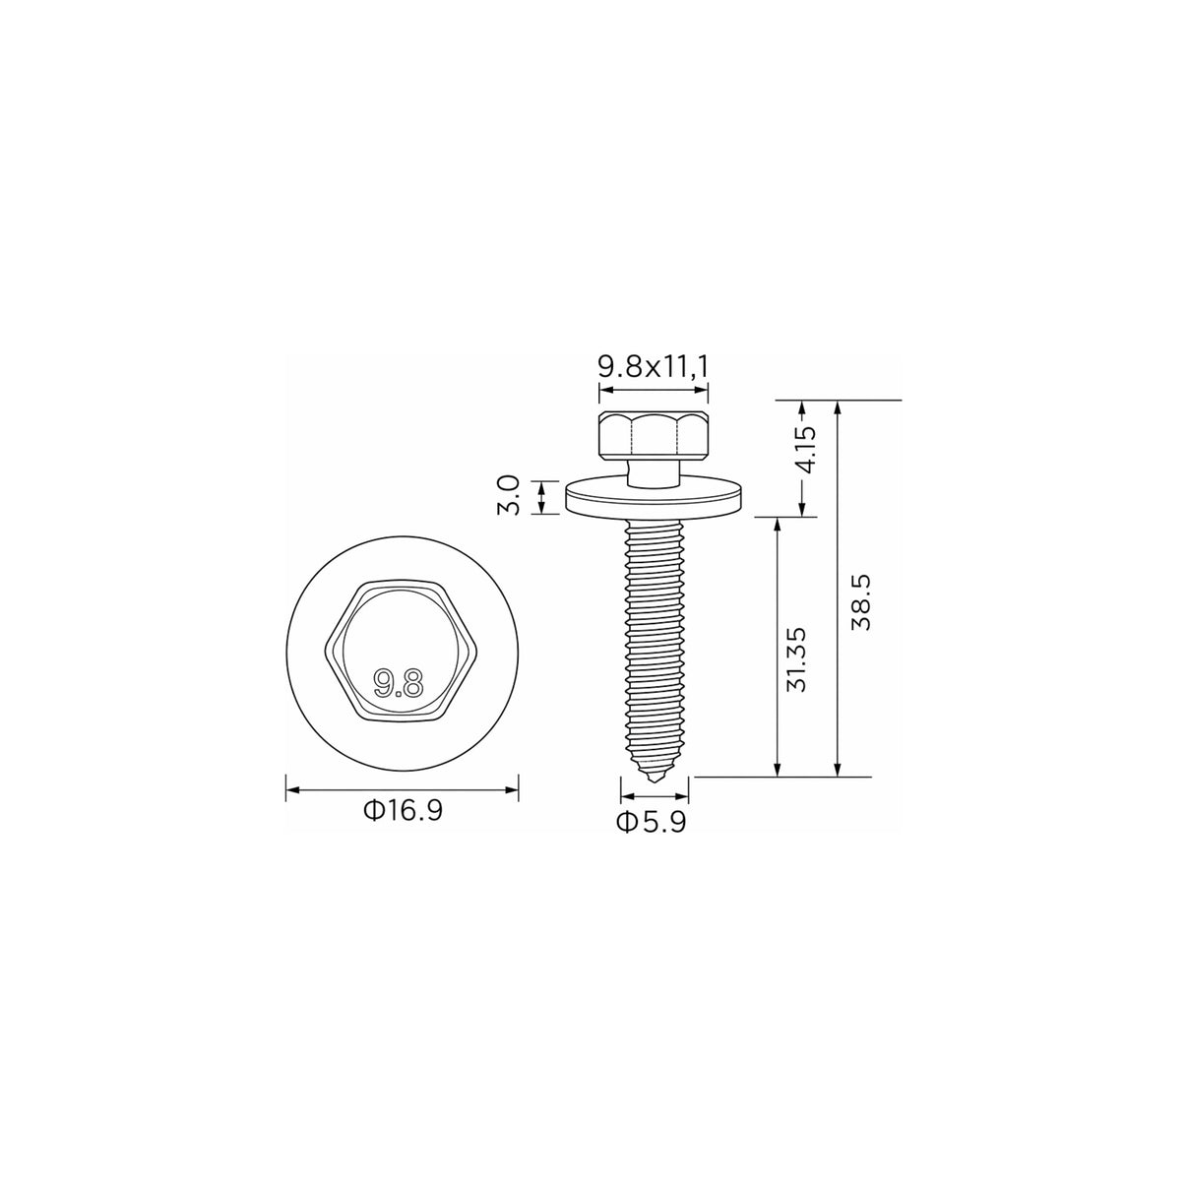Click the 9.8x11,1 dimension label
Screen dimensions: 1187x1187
[x=653, y=367]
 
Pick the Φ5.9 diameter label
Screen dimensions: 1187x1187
[x=652, y=823]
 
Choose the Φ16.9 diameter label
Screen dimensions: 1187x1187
[x=404, y=810]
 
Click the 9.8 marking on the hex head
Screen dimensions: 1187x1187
[x=400, y=684]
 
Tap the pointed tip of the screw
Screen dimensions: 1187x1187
[x=656, y=782]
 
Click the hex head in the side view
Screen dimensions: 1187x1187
[x=653, y=435]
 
